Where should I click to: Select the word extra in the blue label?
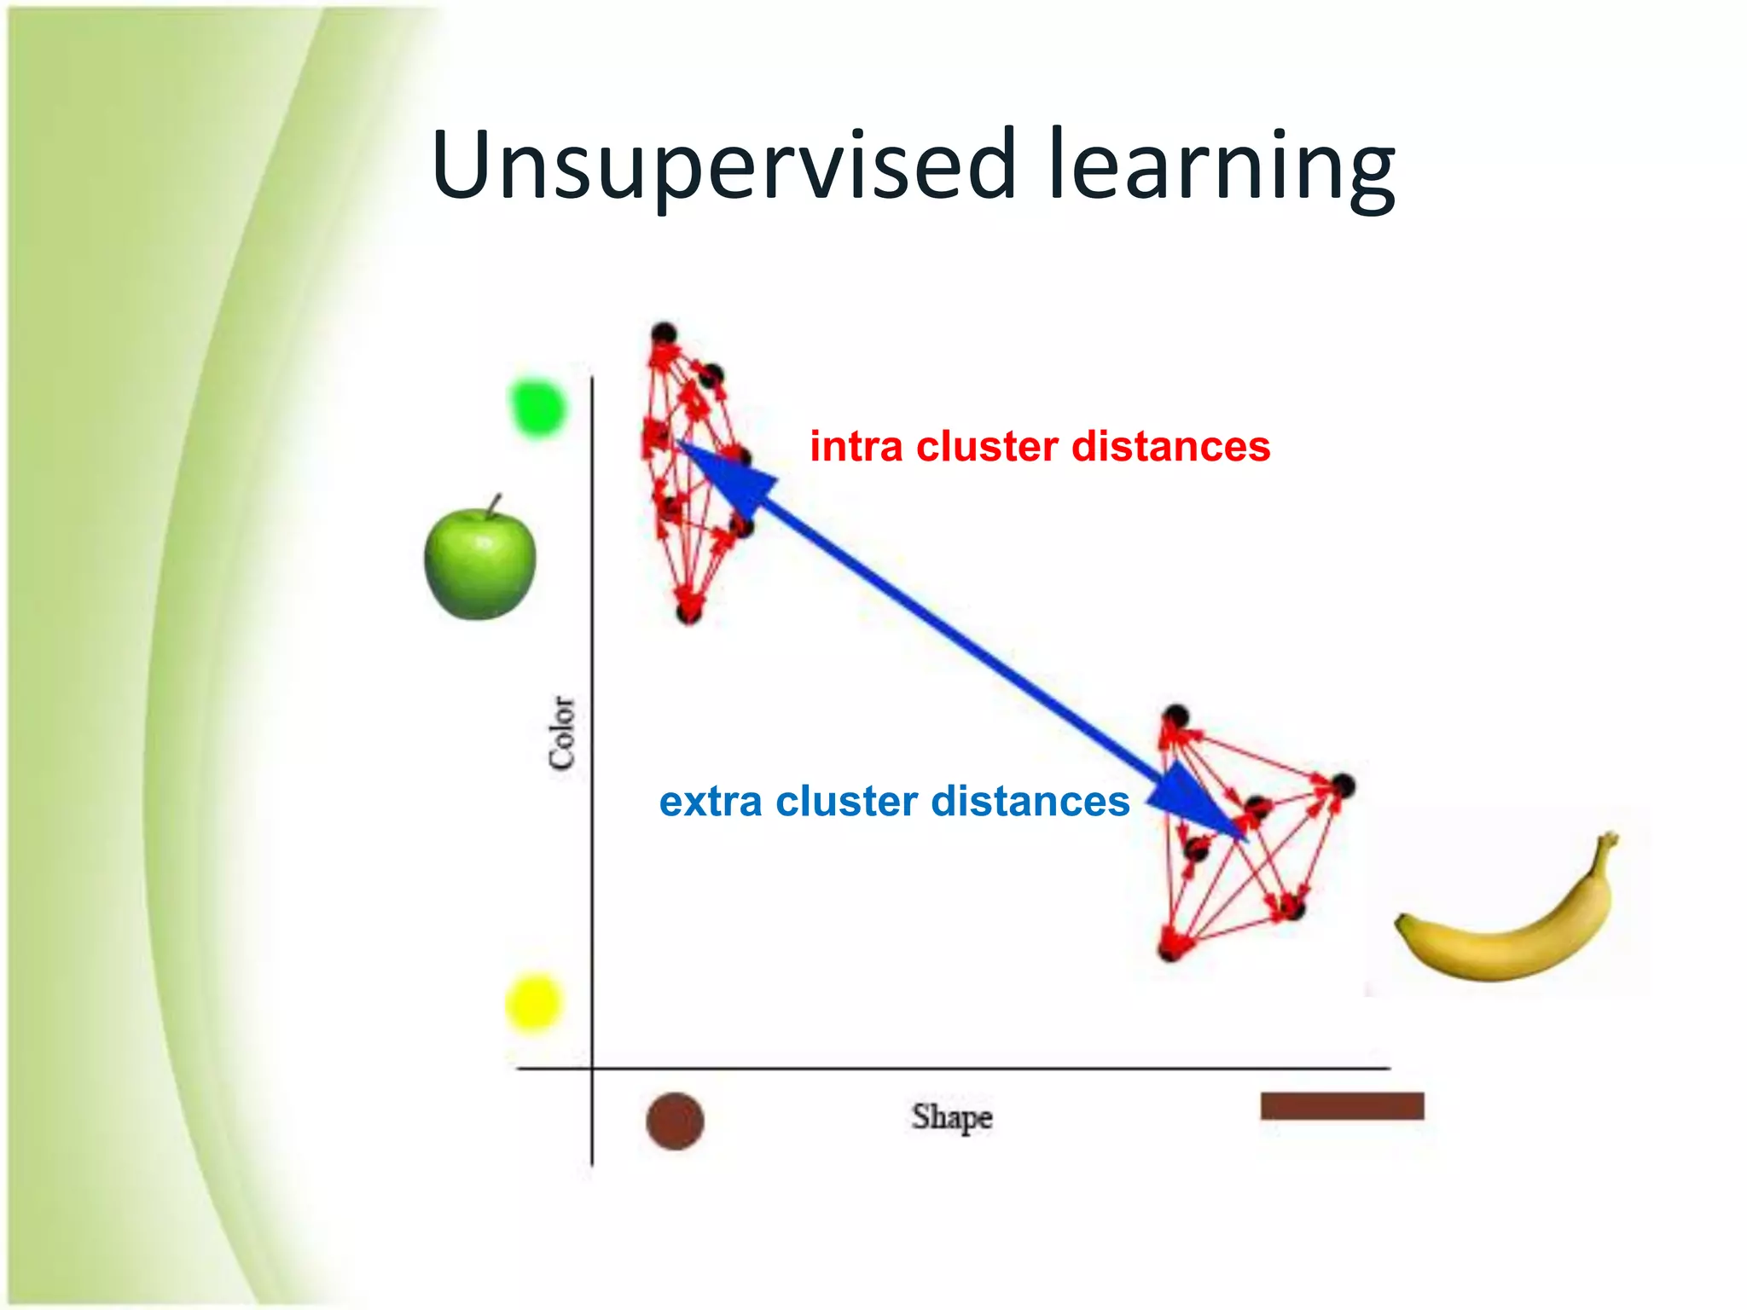(x=711, y=802)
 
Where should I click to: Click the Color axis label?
(x=562, y=733)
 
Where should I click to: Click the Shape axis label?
(x=952, y=1117)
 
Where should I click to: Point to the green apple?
(x=480, y=565)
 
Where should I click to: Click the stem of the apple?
(x=494, y=504)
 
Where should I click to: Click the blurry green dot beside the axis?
(x=537, y=408)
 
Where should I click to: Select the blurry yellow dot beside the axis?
(x=534, y=1003)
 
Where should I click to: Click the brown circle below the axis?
(x=675, y=1122)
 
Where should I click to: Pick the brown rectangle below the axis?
(x=1342, y=1106)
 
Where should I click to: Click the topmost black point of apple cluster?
(x=664, y=333)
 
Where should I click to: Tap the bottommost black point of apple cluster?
(x=688, y=612)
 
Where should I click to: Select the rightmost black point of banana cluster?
(x=1342, y=785)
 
